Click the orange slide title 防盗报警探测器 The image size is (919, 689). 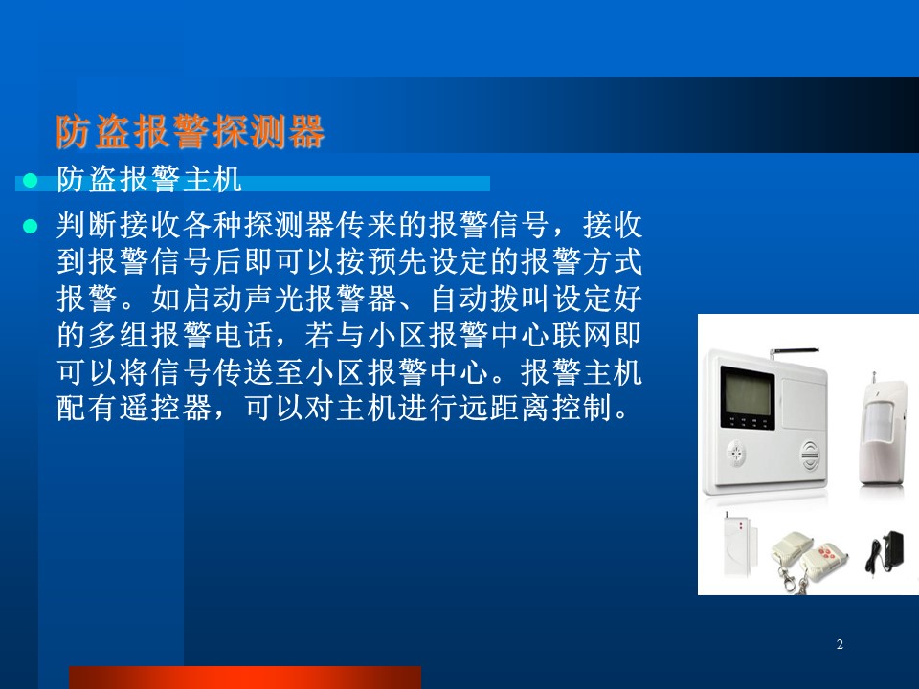tap(190, 132)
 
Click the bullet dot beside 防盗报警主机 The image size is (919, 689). tap(30, 181)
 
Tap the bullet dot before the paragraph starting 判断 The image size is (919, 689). tap(30, 226)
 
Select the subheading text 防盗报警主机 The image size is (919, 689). tap(149, 179)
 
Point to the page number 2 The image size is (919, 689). tap(840, 644)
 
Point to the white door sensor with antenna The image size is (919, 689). tap(738, 545)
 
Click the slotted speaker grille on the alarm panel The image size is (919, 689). tap(810, 456)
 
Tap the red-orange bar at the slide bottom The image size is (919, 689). tap(245, 678)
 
